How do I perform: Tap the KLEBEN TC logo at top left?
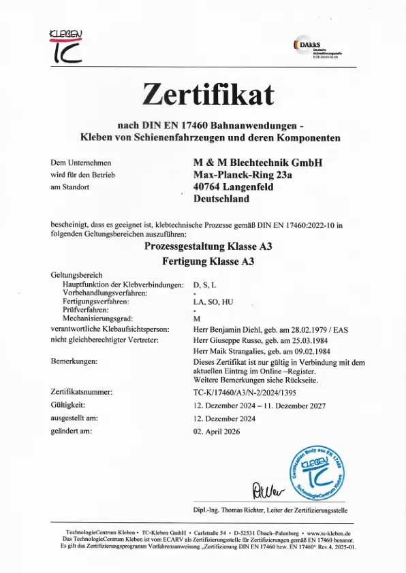(x=66, y=46)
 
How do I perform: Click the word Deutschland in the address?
(x=221, y=199)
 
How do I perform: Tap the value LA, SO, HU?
(x=213, y=300)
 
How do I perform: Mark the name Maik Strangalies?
(x=236, y=350)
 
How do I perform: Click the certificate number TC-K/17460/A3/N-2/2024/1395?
(x=250, y=392)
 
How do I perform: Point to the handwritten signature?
(x=257, y=488)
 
